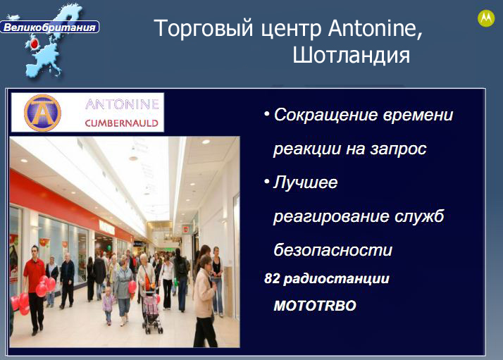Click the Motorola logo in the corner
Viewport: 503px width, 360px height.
click(x=486, y=18)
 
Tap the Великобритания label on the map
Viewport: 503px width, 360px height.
click(x=50, y=27)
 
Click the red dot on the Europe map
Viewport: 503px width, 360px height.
click(x=35, y=44)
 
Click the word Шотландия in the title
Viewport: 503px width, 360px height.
click(x=352, y=55)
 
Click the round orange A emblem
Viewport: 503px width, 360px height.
click(x=42, y=113)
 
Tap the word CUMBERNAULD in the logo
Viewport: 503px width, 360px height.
click(x=122, y=123)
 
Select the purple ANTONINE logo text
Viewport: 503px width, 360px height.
click(x=122, y=104)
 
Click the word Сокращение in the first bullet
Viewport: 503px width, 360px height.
click(x=325, y=116)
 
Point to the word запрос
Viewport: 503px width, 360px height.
click(x=398, y=149)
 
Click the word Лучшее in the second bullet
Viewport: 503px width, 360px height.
click(x=306, y=182)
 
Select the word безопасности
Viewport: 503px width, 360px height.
click(x=333, y=249)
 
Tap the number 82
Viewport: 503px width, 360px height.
click(x=272, y=278)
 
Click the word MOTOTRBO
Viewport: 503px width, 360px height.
click(x=315, y=306)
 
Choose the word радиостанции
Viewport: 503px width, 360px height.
click(x=337, y=279)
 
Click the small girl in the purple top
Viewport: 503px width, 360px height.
click(x=108, y=306)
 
